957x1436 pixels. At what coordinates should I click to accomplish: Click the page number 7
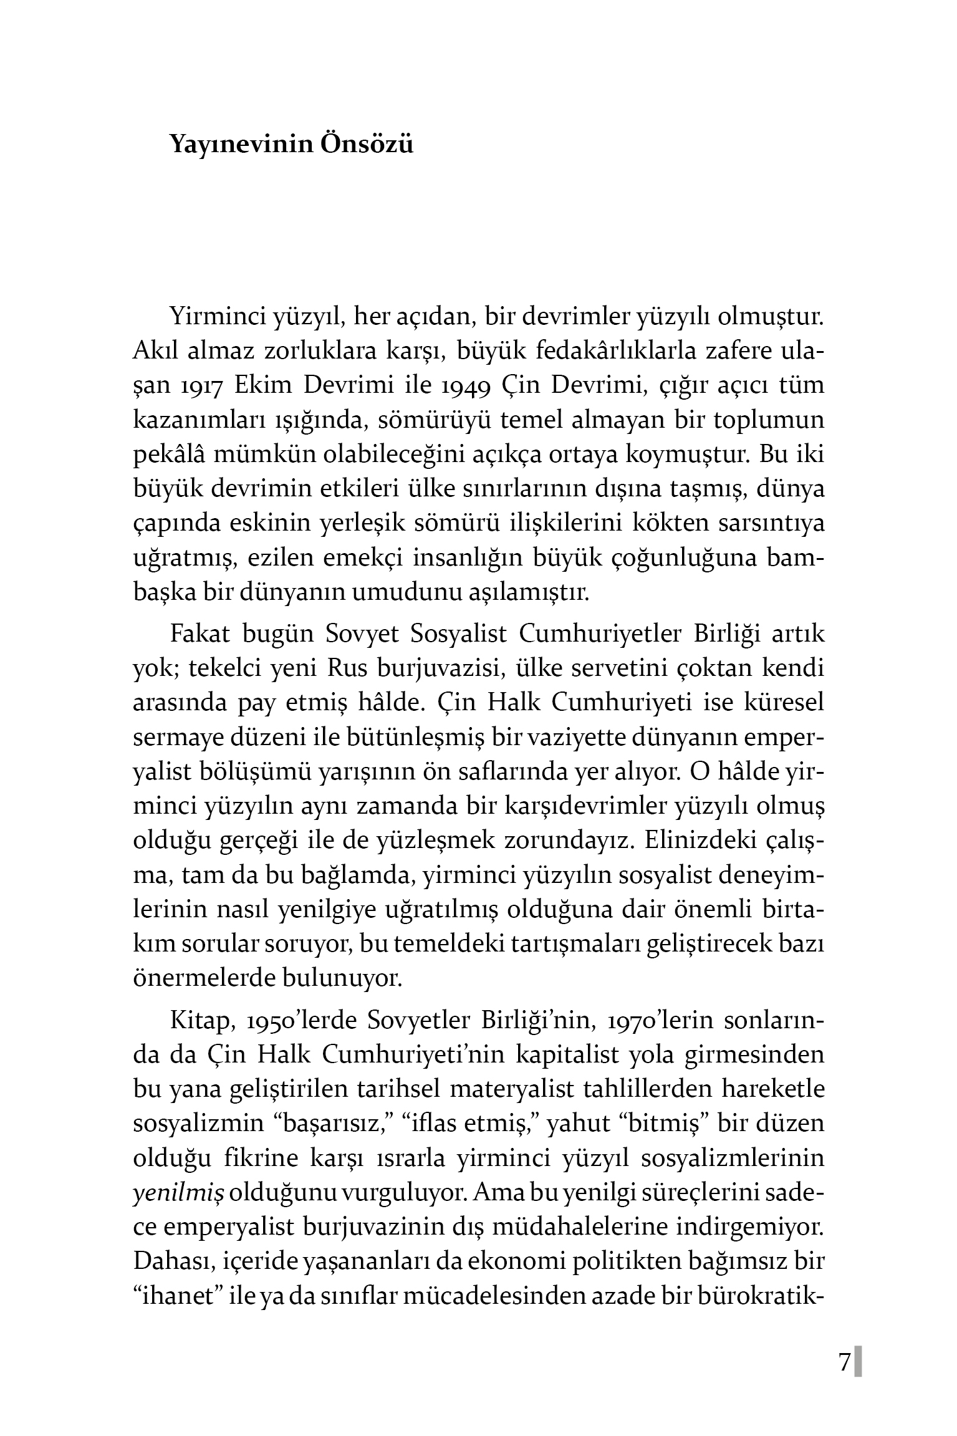[x=844, y=1362]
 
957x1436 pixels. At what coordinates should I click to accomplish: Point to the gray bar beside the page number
[x=858, y=1362]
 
